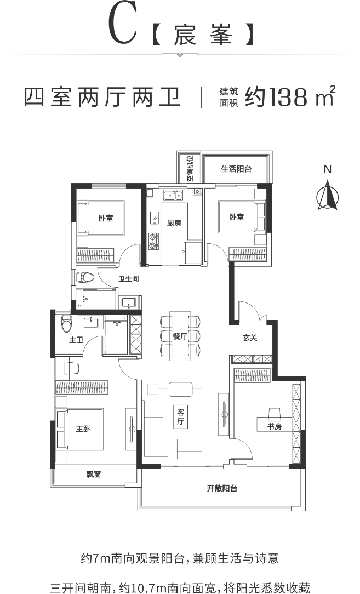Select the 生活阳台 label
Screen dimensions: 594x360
click(x=236, y=169)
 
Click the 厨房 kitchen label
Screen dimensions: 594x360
click(x=174, y=222)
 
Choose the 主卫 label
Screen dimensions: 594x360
click(x=76, y=340)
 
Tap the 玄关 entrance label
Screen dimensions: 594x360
click(x=250, y=338)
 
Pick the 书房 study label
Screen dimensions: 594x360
click(x=275, y=426)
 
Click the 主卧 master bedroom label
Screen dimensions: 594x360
click(x=83, y=429)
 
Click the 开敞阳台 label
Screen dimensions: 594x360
click(x=222, y=488)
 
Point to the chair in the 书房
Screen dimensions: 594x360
click(x=275, y=411)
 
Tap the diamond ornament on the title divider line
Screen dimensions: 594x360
click(x=180, y=54)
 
